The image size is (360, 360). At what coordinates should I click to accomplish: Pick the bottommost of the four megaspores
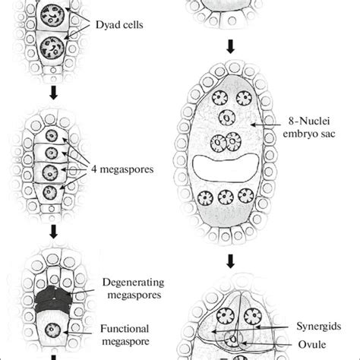[x=50, y=190]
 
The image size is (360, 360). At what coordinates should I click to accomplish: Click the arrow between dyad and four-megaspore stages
[x=52, y=96]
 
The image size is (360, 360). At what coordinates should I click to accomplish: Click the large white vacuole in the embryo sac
[x=229, y=168]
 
